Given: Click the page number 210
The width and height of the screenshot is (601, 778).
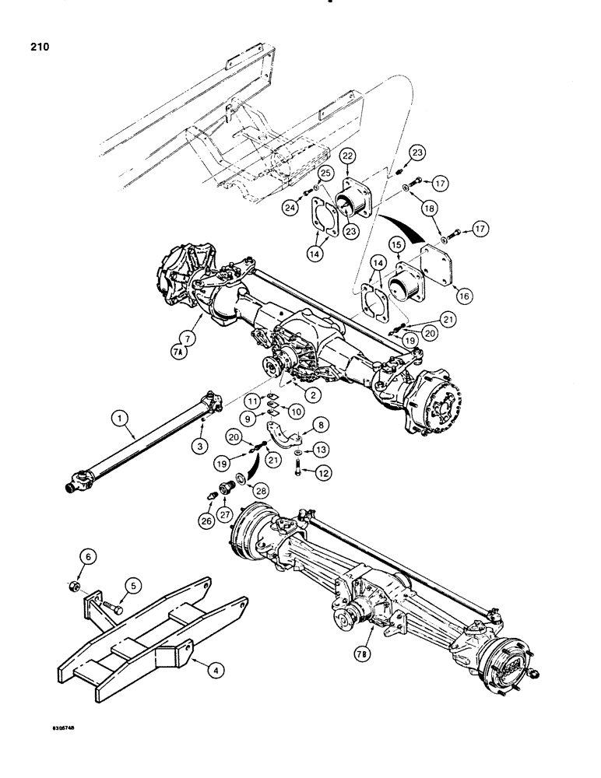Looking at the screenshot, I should pos(37,47).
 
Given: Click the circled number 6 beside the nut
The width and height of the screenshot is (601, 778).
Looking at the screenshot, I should pos(87,556).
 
